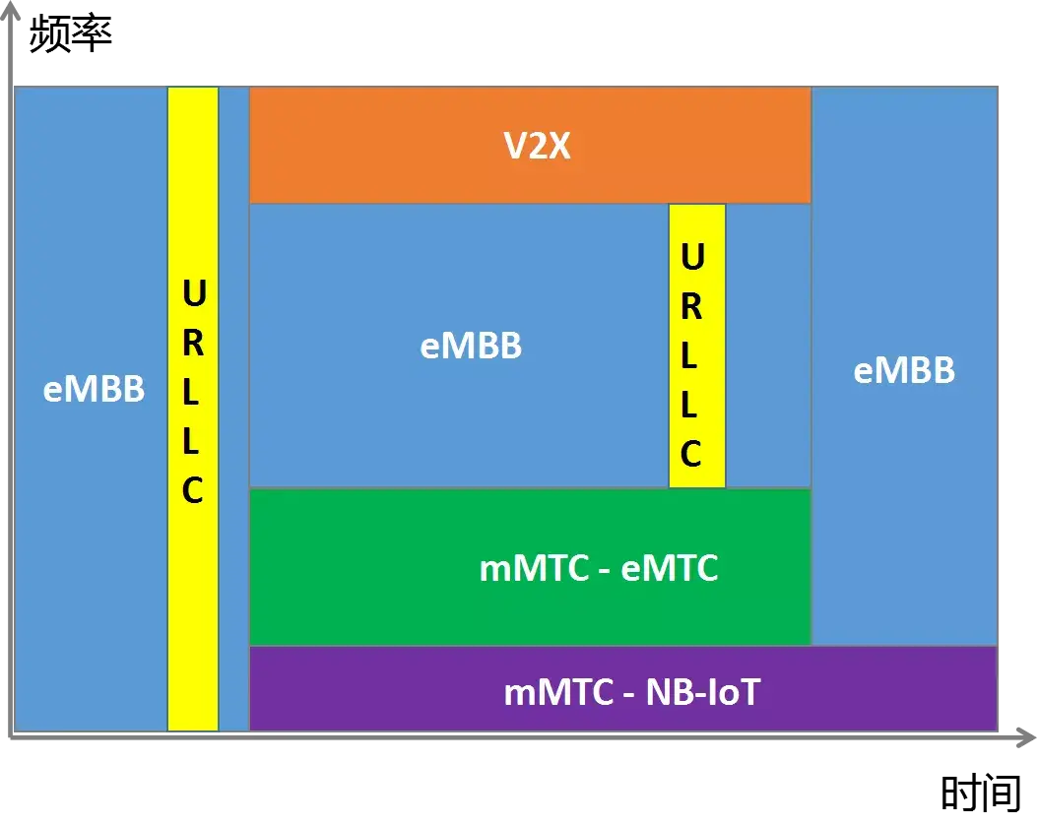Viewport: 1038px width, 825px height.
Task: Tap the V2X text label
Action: [x=538, y=147]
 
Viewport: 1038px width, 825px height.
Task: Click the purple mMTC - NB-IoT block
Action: [x=394, y=691]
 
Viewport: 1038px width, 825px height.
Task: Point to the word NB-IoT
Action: [x=703, y=692]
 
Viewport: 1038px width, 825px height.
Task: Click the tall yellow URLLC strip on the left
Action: [x=193, y=591]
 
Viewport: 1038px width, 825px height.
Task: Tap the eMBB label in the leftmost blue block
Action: [x=94, y=390]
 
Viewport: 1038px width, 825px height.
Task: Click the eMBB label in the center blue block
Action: [x=471, y=347]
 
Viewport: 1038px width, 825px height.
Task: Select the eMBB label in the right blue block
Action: [x=904, y=370]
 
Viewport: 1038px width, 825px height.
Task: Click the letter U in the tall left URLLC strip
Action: [x=194, y=294]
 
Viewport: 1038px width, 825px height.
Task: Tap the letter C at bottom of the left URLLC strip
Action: [x=193, y=490]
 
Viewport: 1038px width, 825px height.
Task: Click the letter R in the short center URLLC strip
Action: [x=691, y=306]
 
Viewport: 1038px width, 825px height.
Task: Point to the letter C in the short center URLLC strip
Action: [x=691, y=454]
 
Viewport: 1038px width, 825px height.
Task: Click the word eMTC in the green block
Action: [x=670, y=568]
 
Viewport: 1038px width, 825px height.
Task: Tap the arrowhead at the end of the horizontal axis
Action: [x=1026, y=734]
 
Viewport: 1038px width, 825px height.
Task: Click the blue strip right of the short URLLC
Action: [x=768, y=345]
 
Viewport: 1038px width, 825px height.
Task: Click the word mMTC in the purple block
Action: [x=558, y=692]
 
